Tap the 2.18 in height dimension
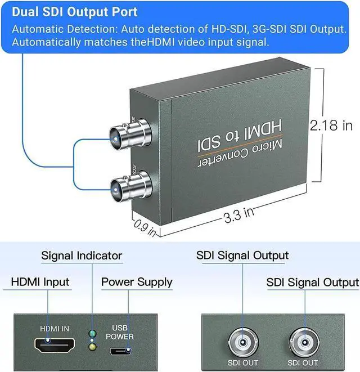[x=332, y=125]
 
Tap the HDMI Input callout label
[x=40, y=282]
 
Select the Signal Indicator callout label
[x=82, y=256]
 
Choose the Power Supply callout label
[x=137, y=282]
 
